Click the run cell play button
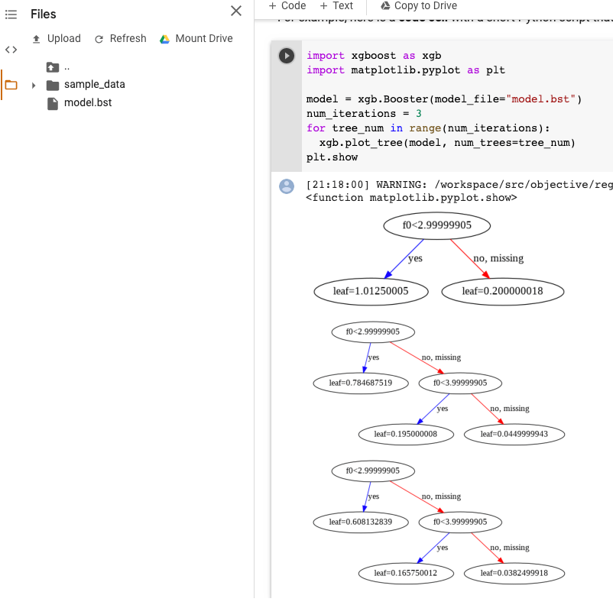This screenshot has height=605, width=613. click(287, 56)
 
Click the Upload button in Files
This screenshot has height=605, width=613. click(57, 39)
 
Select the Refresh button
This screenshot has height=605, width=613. click(120, 39)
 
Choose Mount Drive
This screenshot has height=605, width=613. click(196, 39)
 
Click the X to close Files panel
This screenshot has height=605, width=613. click(236, 11)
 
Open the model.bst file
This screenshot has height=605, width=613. click(87, 103)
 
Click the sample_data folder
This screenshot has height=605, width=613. click(94, 85)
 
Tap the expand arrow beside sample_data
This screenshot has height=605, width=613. click(34, 86)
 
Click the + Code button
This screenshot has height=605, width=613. click(287, 6)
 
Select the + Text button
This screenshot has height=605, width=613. click(337, 6)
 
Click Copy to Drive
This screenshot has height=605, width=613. click(419, 6)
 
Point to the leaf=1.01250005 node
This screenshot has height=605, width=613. click(371, 291)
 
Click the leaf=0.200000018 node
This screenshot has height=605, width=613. click(502, 291)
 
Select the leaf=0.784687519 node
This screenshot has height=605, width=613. click(361, 383)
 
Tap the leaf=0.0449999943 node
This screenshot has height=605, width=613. click(514, 435)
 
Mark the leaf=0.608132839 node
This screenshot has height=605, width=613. click(361, 522)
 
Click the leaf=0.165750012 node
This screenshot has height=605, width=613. click(405, 574)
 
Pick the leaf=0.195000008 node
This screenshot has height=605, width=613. click(405, 435)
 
